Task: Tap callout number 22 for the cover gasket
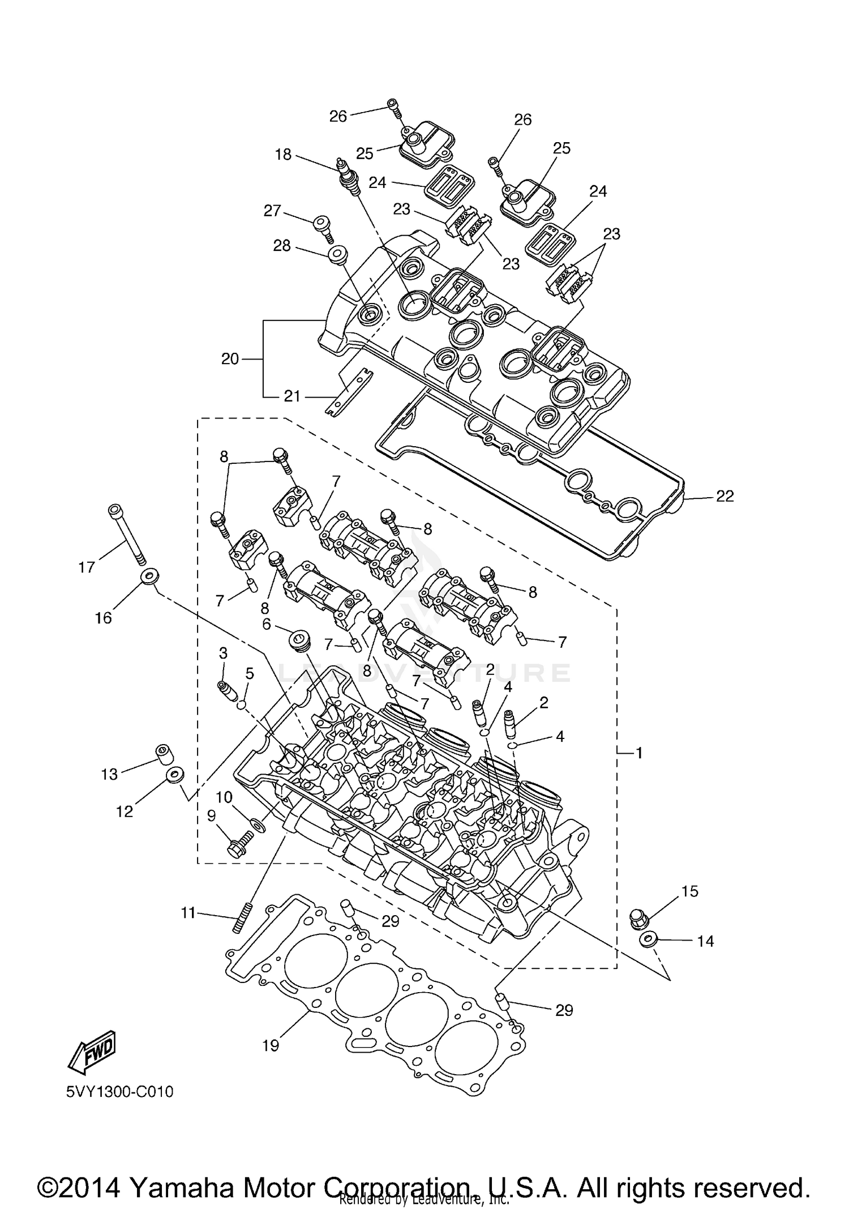(x=724, y=496)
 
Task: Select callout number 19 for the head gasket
(x=271, y=1045)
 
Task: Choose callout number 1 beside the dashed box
(x=639, y=753)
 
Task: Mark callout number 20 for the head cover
(x=230, y=358)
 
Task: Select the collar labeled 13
(x=164, y=754)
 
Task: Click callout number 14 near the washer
(x=705, y=941)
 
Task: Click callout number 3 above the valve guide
(x=223, y=653)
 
